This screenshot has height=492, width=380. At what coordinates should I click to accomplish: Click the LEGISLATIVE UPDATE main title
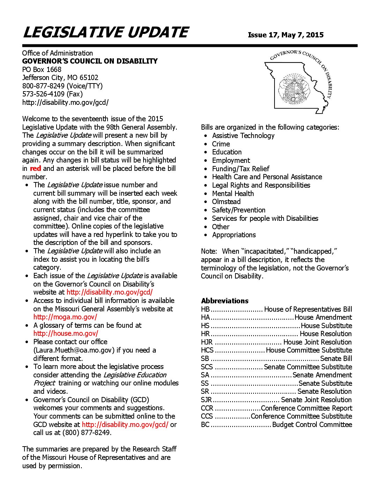pyautogui.click(x=105, y=32)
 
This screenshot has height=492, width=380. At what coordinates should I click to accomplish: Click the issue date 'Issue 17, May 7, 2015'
pyautogui.click(x=285, y=35)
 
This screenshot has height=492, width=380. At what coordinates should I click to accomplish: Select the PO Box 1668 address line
pyautogui.click(x=42, y=70)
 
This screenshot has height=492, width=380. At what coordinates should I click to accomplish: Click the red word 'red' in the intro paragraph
pyautogui.click(x=35, y=168)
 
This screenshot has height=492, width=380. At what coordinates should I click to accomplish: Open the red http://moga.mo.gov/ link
pyautogui.click(x=65, y=317)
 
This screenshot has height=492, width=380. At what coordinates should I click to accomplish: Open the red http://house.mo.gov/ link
pyautogui.click(x=66, y=333)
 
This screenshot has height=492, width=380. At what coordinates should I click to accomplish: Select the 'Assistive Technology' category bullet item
pyautogui.click(x=243, y=136)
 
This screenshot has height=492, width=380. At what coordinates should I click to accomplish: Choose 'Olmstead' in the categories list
pyautogui.click(x=226, y=202)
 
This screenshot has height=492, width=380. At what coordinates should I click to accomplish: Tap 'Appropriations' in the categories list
pyautogui.click(x=234, y=235)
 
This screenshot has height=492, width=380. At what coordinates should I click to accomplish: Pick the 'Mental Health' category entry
pyautogui.click(x=233, y=194)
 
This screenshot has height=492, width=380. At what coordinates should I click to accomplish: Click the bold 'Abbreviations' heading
pyautogui.click(x=225, y=301)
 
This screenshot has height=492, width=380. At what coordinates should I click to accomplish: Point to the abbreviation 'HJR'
pyautogui.click(x=206, y=342)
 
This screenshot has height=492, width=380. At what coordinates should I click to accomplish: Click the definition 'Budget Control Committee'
pyautogui.click(x=312, y=425)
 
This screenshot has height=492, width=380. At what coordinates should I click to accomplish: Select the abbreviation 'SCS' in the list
pyautogui.click(x=207, y=367)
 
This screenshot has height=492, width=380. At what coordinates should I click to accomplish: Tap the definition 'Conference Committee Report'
pyautogui.click(x=306, y=408)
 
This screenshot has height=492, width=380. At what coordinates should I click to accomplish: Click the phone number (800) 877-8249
pyautogui.click(x=86, y=433)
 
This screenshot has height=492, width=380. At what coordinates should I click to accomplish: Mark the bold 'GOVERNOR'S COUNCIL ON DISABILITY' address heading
pyautogui.click(x=90, y=61)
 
